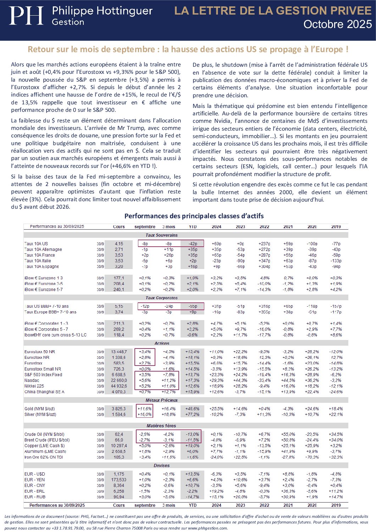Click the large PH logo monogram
(x=26, y=16)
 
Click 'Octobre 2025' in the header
(x=337, y=24)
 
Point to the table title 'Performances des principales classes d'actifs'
(x=194, y=216)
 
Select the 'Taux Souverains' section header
(x=161, y=235)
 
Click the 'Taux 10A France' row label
(x=40, y=255)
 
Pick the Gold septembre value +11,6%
(x=144, y=409)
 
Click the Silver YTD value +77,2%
(x=192, y=415)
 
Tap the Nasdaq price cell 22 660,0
(x=119, y=380)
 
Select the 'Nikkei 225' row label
(x=34, y=386)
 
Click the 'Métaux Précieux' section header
(x=161, y=400)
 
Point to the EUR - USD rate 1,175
(x=119, y=474)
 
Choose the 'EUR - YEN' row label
(x=34, y=480)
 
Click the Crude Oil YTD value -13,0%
(x=192, y=434)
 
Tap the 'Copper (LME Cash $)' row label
(x=44, y=446)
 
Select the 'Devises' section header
(x=161, y=466)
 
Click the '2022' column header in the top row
(x=264, y=227)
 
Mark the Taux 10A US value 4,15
(x=119, y=244)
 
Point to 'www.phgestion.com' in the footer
(x=207, y=528)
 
